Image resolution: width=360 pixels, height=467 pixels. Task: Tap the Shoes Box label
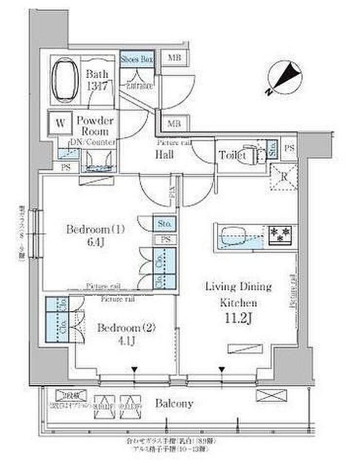(x=137, y=59)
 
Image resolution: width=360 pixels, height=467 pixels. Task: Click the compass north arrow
(x=282, y=77)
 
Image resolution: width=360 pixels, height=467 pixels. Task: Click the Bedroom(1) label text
(x=96, y=229)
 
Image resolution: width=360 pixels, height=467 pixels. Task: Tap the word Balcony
(x=175, y=404)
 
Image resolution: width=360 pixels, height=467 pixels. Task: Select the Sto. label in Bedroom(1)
(x=165, y=224)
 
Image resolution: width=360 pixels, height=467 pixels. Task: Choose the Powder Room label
(x=95, y=126)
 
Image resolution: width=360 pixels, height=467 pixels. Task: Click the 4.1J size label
(x=125, y=340)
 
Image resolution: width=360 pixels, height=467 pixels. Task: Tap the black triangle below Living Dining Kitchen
(x=222, y=369)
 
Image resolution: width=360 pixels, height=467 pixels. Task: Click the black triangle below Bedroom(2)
(x=134, y=369)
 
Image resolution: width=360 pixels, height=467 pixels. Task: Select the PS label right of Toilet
(x=290, y=148)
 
